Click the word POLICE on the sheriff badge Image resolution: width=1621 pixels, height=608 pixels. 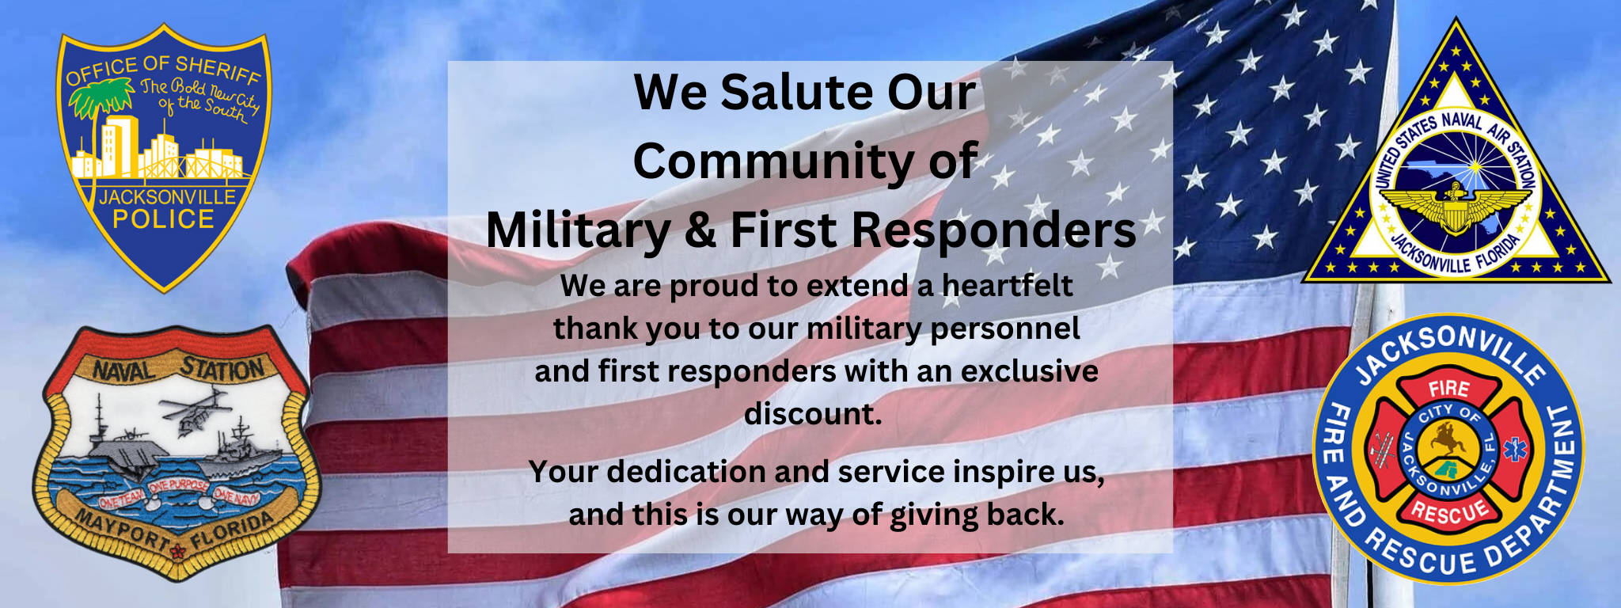pyautogui.click(x=163, y=219)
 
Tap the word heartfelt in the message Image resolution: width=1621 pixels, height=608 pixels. pyautogui.click(x=1007, y=286)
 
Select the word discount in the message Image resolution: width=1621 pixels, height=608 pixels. pyautogui.click(x=812, y=414)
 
